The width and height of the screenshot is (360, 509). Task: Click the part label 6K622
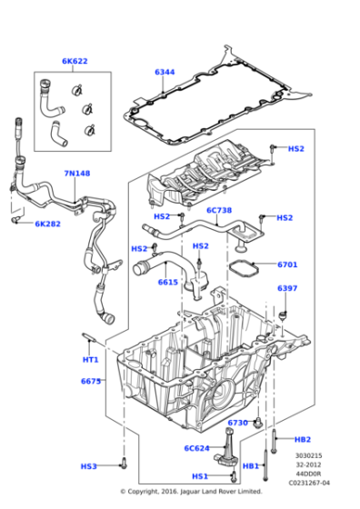[75, 62]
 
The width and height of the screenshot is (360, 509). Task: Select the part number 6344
[165, 72]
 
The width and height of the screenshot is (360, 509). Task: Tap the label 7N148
[76, 174]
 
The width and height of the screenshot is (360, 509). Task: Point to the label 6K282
[48, 224]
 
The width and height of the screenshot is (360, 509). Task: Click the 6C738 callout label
[220, 210]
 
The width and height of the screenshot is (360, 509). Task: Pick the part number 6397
[287, 289]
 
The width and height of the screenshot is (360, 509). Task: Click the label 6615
[167, 283]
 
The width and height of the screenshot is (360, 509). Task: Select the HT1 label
[90, 359]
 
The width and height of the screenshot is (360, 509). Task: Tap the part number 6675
[90, 381]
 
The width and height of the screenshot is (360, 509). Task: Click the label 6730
[238, 423]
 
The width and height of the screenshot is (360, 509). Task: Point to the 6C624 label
[198, 448]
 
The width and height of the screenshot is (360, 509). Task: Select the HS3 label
[88, 466]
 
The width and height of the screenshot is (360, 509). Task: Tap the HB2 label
[303, 439]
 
